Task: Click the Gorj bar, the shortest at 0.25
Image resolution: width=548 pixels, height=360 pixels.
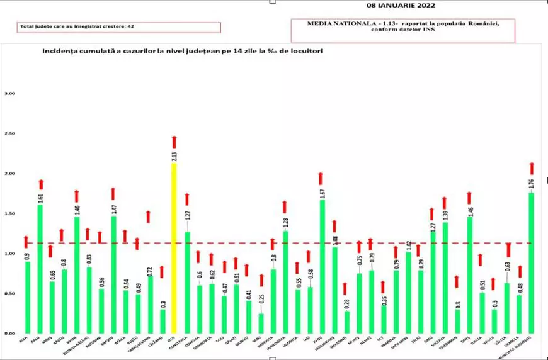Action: coord(261,323)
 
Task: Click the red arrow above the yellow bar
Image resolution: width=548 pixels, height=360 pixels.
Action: coord(174,142)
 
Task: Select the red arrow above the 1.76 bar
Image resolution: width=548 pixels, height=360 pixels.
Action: coord(532,168)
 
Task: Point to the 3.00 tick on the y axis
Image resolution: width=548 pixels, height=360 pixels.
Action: coord(10,94)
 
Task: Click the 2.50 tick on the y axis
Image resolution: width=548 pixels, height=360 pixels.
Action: coord(10,133)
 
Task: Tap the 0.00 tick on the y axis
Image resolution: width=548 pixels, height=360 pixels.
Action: coord(10,333)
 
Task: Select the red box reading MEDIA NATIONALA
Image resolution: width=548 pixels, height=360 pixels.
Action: coord(403,28)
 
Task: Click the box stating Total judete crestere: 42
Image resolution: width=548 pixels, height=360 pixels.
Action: coord(119,28)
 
